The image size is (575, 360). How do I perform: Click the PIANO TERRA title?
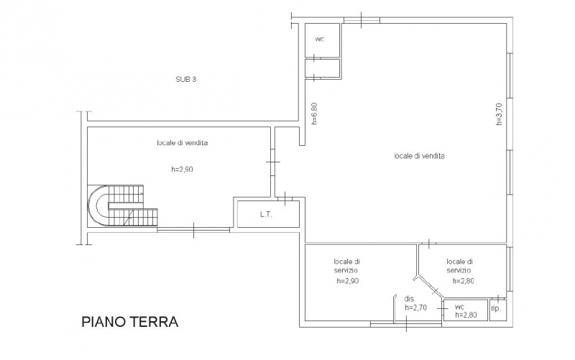pos(130,321)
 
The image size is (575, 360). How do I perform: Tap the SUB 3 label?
pos(186,79)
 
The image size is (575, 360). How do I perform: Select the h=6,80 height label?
pos(314,114)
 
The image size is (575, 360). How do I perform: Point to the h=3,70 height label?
pos(499,114)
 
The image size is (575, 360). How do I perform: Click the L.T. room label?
pos(266,214)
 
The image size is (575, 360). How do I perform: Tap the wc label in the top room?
pos(320,40)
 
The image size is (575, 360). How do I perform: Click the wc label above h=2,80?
pos(459,307)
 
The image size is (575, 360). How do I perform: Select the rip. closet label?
pos(496,309)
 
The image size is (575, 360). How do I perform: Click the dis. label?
pos(410,299)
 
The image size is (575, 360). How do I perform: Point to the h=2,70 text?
pos(416,308)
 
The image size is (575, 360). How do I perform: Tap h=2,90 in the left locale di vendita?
pos(182,170)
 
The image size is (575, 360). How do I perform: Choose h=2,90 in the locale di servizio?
pos(348,281)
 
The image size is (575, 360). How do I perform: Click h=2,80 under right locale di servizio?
pos(464,281)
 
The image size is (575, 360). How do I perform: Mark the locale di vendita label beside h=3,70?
pos(420,156)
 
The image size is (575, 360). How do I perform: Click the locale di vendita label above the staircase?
pos(183,142)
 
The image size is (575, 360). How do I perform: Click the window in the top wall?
pos(362,20)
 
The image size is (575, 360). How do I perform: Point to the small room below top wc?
pos(323,68)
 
